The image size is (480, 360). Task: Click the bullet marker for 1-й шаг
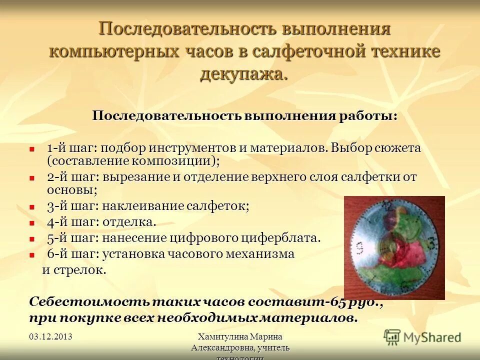click(x=32, y=149)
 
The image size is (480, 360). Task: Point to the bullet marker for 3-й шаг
click(x=32, y=206)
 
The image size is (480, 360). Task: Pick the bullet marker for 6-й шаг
click(x=32, y=254)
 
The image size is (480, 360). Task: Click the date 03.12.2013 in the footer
click(x=50, y=336)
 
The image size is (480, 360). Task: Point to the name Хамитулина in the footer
click(x=220, y=336)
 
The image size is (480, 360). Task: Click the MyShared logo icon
click(x=392, y=336)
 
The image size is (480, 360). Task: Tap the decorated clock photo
click(x=394, y=247)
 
